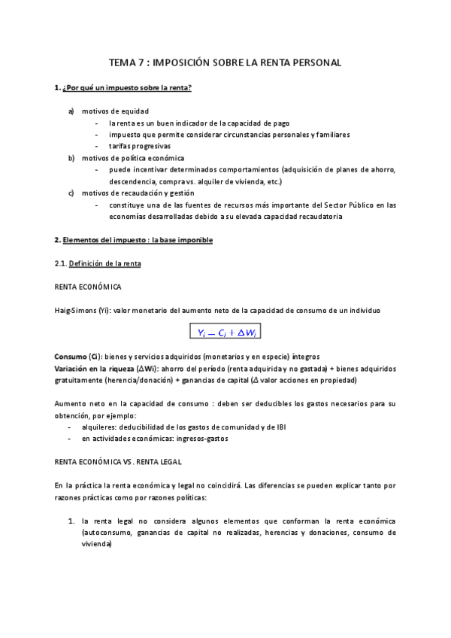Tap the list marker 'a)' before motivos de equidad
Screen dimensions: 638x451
coord(71,111)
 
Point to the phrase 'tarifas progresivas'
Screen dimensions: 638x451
coord(140,146)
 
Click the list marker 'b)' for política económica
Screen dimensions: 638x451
coord(71,158)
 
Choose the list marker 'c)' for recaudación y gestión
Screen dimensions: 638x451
coord(71,193)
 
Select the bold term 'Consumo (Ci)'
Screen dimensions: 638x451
coord(78,356)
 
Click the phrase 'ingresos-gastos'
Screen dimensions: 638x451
coord(201,438)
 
